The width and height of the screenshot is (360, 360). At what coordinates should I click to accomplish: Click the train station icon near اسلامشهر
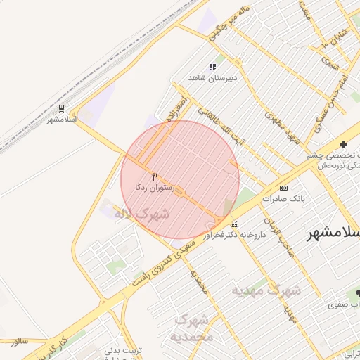(x=63, y=108)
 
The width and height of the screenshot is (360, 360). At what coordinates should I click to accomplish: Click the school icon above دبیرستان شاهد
(x=212, y=67)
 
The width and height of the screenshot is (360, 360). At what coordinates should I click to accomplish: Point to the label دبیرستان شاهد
(x=213, y=78)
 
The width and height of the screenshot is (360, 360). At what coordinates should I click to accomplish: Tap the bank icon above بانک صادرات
(x=283, y=188)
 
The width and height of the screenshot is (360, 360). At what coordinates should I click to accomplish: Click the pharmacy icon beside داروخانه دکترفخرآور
(x=234, y=224)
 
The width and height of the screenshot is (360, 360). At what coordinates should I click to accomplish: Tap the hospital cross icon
(x=343, y=144)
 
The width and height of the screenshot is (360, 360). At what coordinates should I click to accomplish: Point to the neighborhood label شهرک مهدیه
(x=266, y=289)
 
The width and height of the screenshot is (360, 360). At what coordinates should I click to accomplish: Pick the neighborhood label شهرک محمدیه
(x=192, y=328)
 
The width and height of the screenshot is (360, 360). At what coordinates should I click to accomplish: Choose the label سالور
(x=18, y=341)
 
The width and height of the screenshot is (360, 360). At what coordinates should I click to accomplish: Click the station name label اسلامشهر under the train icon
(x=61, y=120)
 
